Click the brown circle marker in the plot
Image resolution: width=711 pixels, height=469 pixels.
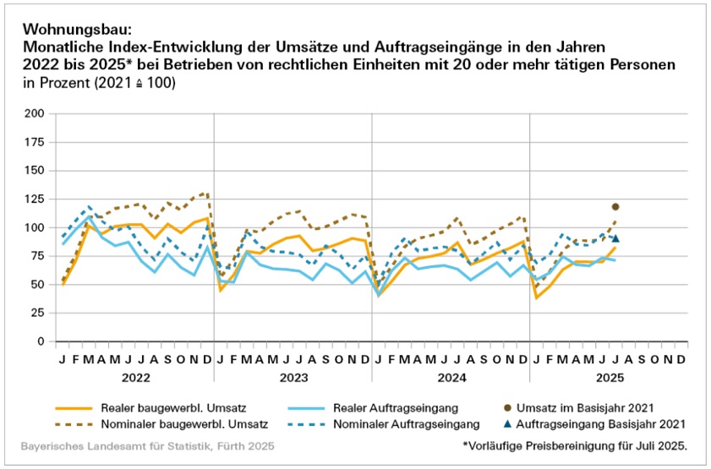[x=615, y=206]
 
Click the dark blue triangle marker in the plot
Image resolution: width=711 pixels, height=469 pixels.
[x=615, y=238]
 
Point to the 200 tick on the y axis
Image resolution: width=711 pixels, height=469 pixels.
[x=36, y=113]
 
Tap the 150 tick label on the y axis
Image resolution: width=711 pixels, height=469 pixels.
[x=36, y=171]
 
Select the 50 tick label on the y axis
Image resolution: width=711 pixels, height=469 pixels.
[x=39, y=285]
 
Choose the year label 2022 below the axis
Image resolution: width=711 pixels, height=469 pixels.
[x=135, y=377]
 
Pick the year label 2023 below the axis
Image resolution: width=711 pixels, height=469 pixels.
[x=293, y=377]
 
